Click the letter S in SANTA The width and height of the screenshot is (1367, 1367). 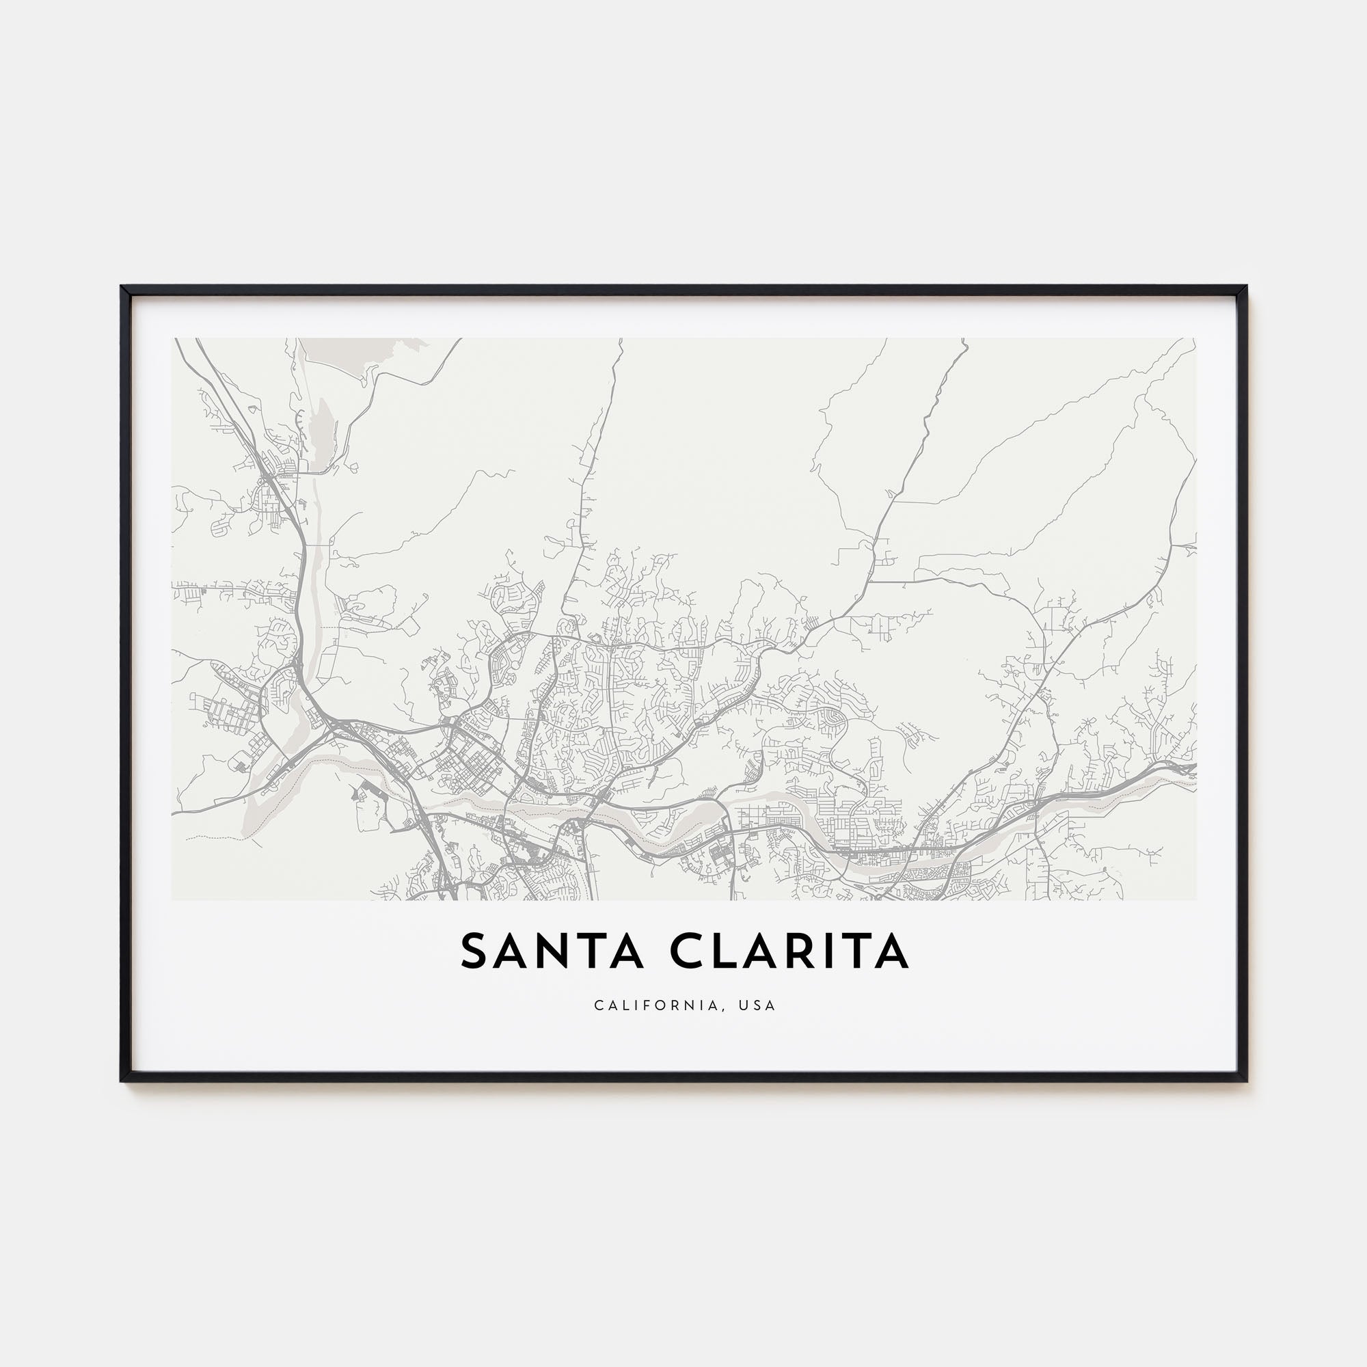[475, 951]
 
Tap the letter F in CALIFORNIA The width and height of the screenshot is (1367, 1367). [655, 1005]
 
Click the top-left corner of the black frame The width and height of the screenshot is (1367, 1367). [122, 287]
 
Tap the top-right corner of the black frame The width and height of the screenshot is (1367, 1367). [1247, 287]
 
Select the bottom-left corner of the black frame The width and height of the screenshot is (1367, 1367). [122, 1081]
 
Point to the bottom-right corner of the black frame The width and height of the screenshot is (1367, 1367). [1247, 1081]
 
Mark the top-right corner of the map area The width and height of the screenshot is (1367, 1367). [1195, 338]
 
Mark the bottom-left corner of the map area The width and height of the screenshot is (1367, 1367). [172, 900]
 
